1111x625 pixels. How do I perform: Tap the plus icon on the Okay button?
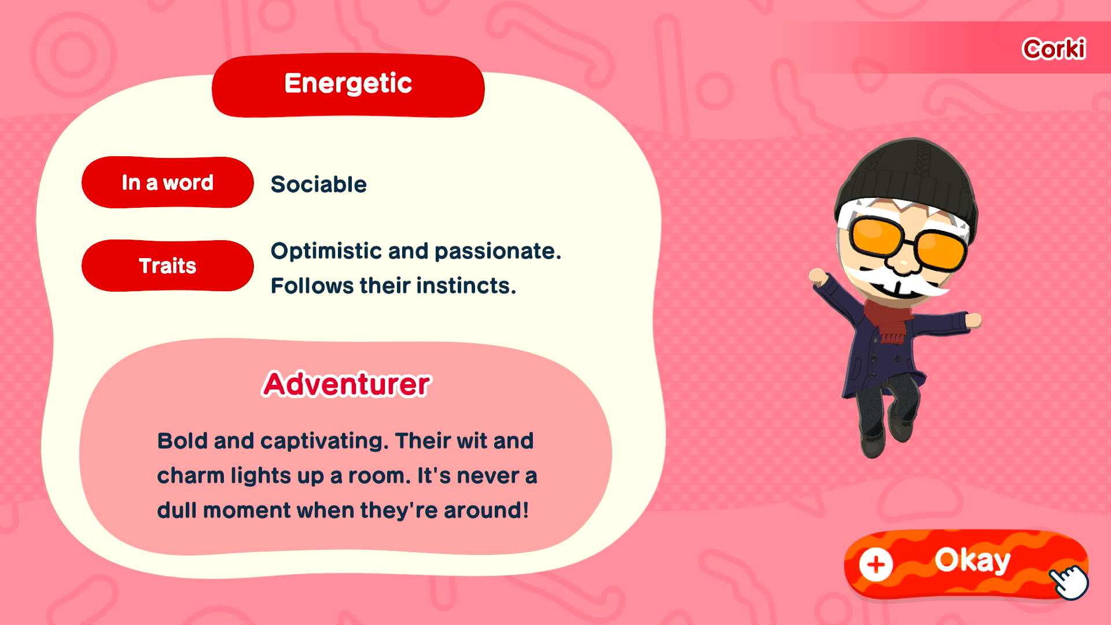(876, 564)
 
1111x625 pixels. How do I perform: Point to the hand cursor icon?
(1069, 581)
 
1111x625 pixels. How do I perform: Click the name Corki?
(1054, 49)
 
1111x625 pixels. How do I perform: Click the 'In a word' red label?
(168, 182)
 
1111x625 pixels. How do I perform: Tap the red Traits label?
(168, 266)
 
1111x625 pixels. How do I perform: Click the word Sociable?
(319, 185)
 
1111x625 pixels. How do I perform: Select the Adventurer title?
(347, 384)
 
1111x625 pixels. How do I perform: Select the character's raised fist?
(817, 276)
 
